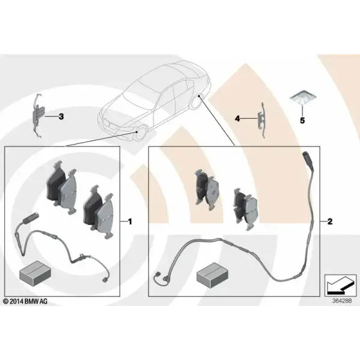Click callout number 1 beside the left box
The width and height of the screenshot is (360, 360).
(130, 221)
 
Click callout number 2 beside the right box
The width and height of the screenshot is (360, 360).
(329, 221)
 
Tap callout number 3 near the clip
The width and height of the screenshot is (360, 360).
(61, 116)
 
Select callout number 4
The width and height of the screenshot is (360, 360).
(237, 118)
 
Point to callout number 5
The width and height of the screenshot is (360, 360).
(302, 121)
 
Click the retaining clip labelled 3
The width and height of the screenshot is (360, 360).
(38, 116)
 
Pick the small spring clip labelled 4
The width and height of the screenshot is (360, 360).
(262, 120)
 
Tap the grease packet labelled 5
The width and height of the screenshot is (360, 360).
(302, 98)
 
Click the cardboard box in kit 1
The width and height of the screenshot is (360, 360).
(35, 273)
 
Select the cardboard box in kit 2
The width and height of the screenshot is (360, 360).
(212, 275)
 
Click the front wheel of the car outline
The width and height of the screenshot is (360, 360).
(140, 134)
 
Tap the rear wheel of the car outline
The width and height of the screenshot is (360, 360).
(197, 101)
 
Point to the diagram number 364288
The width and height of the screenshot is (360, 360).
(342, 301)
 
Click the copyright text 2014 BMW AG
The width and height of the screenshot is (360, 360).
(25, 301)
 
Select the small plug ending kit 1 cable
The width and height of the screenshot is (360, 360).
(104, 280)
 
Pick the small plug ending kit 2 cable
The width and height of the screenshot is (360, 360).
(157, 275)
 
